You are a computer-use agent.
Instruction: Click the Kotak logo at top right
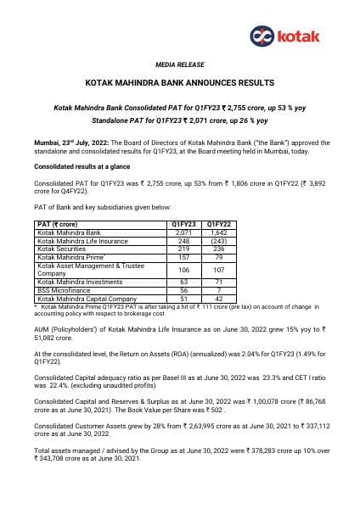[x=285, y=36]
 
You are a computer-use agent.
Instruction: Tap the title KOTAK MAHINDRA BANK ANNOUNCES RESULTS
[x=179, y=83]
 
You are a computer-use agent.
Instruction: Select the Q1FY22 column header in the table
[x=218, y=224]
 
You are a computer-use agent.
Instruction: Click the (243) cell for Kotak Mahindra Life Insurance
[x=218, y=239]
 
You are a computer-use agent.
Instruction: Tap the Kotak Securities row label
[x=62, y=248]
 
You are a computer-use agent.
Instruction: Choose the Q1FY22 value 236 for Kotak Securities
[x=218, y=248]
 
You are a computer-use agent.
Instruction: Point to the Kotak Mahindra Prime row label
[x=68, y=255]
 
